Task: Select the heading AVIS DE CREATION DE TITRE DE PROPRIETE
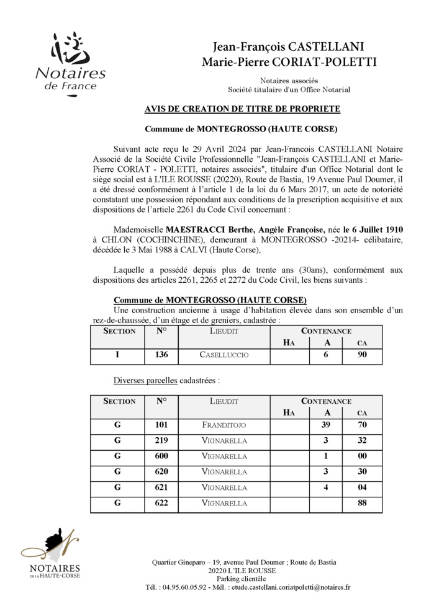(x=242, y=109)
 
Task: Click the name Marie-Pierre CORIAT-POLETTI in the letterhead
(x=289, y=61)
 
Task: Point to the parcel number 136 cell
(x=161, y=355)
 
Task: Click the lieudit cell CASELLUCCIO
(x=224, y=355)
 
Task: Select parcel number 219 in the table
(x=161, y=441)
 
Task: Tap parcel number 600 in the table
(x=161, y=456)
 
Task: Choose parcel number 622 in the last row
(x=161, y=504)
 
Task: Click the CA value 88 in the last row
(x=362, y=504)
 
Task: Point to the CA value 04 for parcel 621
(x=362, y=488)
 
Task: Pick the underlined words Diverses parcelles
(x=145, y=380)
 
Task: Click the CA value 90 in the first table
(x=362, y=355)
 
